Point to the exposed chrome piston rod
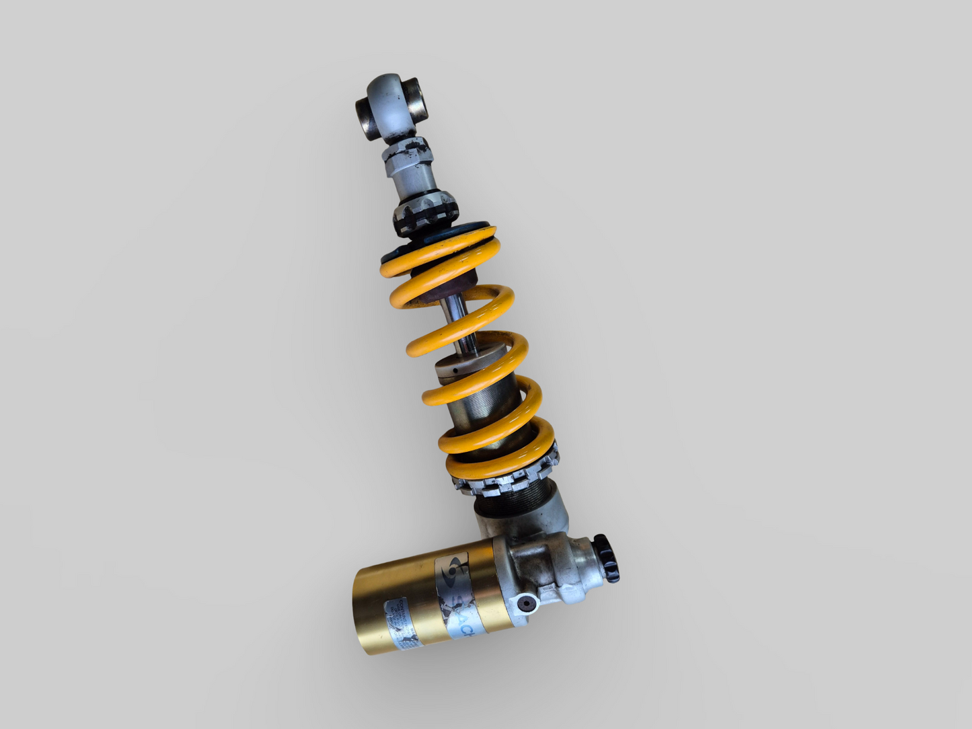tap(459, 323)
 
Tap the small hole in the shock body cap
tap(455, 371)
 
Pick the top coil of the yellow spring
tap(437, 252)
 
